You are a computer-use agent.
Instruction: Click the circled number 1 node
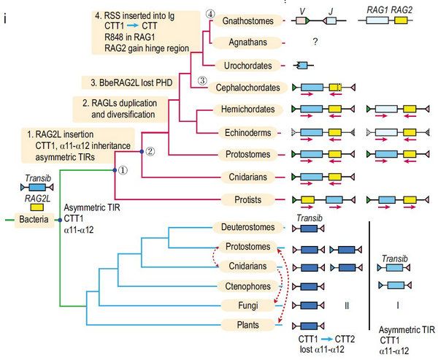123,170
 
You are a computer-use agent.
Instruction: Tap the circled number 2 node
149,152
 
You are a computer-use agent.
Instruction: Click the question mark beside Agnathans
315,43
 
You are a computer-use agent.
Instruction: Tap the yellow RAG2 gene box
400,22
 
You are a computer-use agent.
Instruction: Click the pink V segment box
301,22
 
